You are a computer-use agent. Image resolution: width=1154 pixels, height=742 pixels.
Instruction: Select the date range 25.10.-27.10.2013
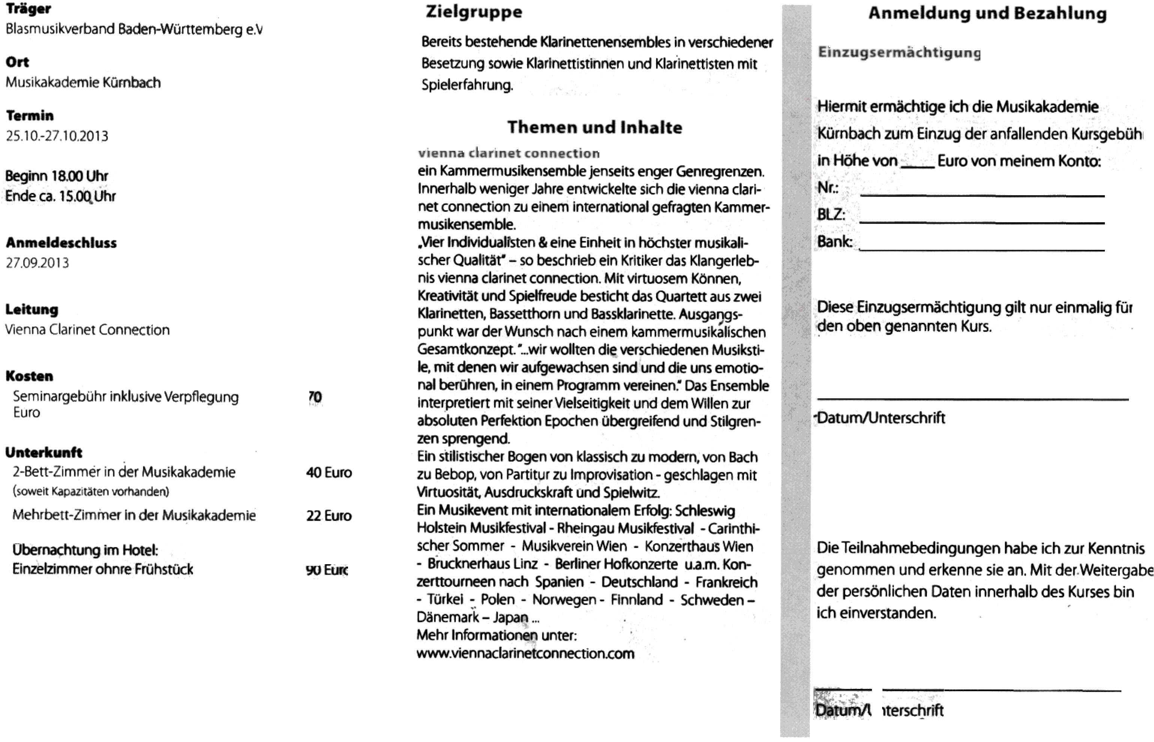[57, 136]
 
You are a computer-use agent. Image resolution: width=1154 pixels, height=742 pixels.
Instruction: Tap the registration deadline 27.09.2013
[37, 263]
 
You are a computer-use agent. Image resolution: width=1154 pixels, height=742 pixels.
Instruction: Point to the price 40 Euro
[329, 472]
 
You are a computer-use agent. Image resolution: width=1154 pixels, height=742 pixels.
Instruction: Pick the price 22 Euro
[329, 515]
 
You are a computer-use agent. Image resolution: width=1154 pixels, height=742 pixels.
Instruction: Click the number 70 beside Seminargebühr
[315, 397]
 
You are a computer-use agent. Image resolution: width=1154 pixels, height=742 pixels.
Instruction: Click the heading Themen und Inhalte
[594, 127]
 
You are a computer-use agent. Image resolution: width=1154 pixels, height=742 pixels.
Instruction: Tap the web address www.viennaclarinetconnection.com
[525, 654]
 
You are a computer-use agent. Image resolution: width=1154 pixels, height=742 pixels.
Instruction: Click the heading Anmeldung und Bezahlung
[987, 14]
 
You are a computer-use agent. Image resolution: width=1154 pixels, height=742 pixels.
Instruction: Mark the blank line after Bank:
[981, 249]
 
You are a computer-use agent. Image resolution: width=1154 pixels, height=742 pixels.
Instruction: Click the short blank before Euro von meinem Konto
[917, 166]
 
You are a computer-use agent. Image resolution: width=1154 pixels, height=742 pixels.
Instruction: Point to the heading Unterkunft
[44, 452]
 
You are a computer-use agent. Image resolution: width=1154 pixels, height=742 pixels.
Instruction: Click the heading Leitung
[32, 309]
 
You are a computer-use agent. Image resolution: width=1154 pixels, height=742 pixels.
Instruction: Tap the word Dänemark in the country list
[448, 617]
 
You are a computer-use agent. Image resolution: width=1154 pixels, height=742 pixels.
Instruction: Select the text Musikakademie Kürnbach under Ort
[83, 83]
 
